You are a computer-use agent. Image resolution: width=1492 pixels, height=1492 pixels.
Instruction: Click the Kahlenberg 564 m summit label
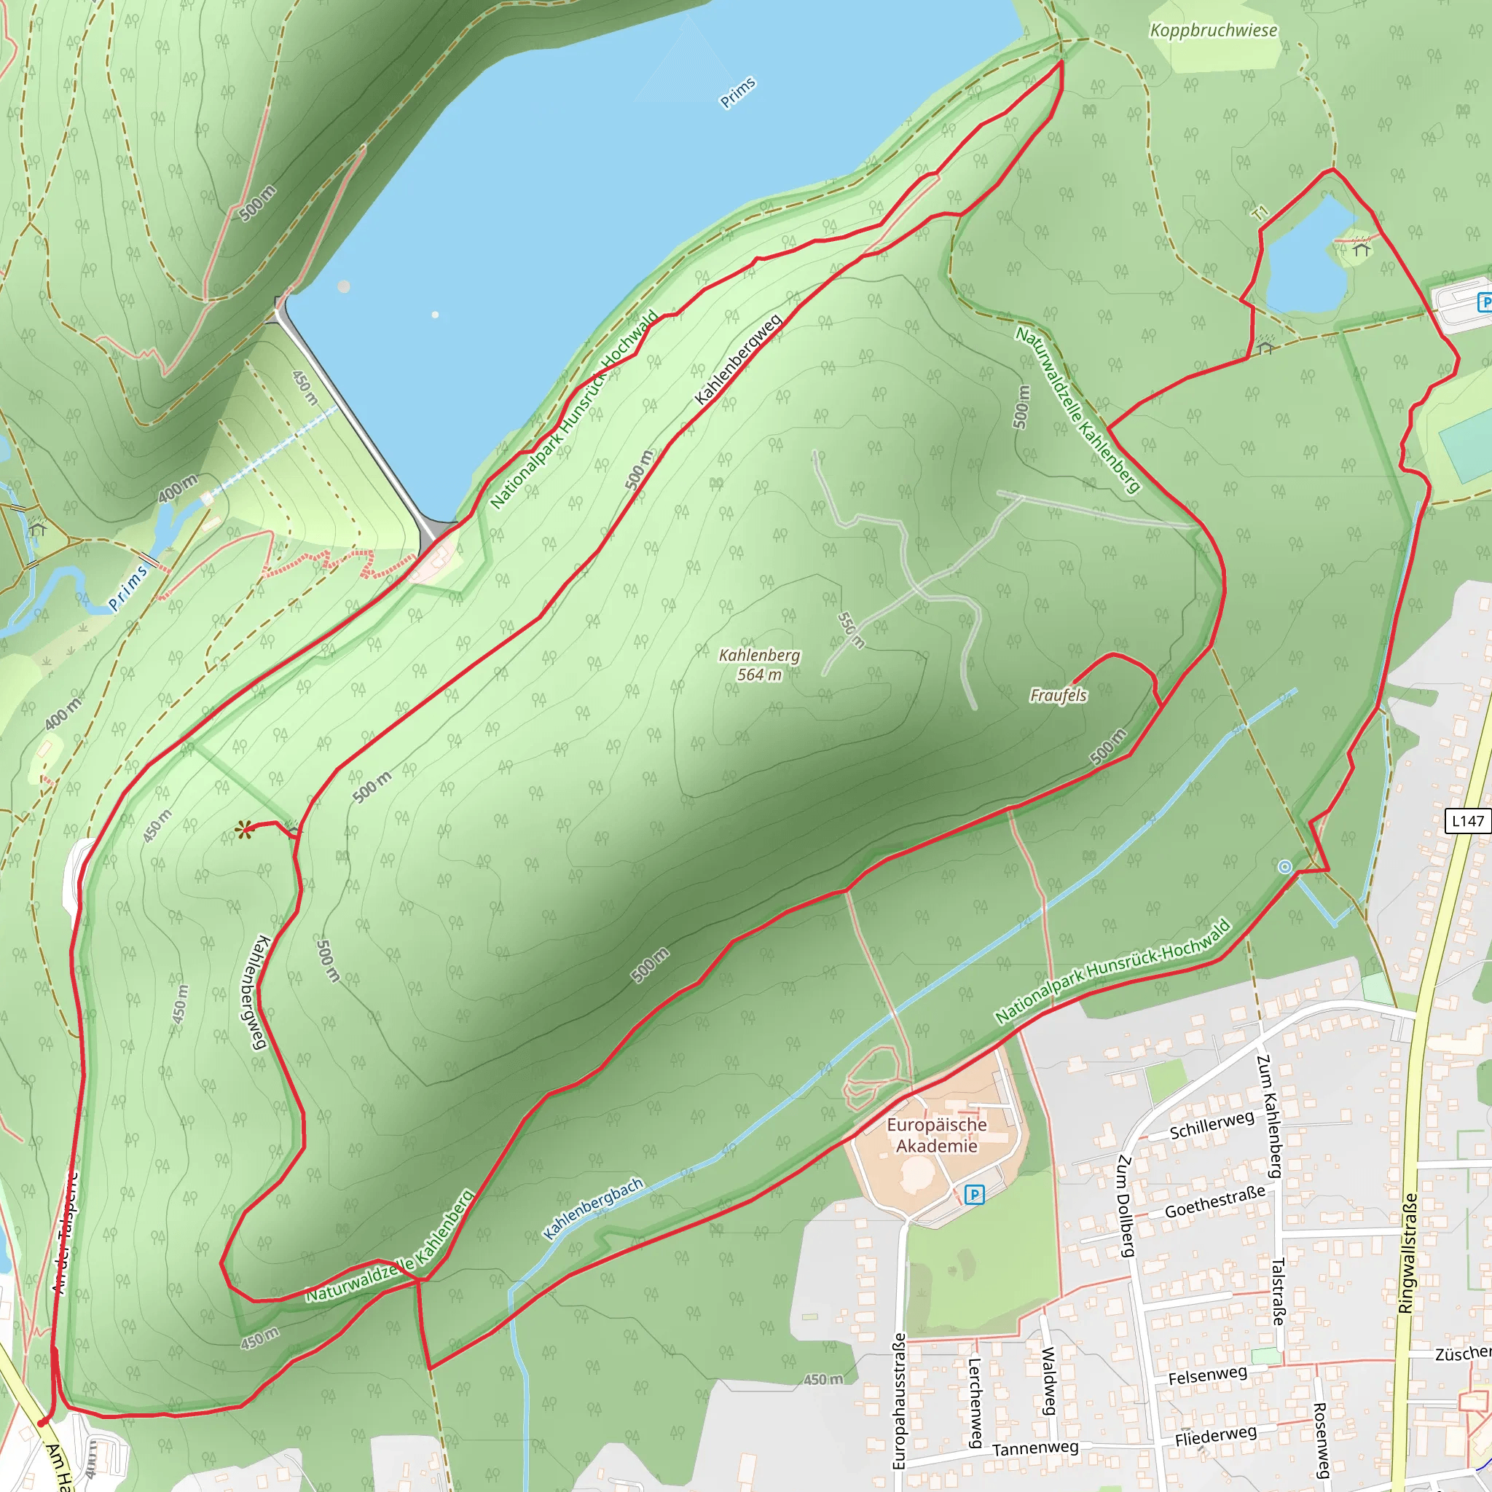coord(759,665)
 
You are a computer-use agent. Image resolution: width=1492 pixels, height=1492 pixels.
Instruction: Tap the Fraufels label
coord(1058,696)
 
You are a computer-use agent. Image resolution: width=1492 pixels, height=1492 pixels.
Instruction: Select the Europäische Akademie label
coord(936,1135)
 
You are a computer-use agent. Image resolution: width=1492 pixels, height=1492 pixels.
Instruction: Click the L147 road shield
coord(1467,821)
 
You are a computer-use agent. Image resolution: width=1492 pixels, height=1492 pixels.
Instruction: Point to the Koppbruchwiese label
coord(1213,31)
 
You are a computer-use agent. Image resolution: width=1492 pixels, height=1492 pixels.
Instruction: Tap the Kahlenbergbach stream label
coord(593,1209)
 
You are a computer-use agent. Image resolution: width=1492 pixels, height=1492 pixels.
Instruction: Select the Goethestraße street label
coord(1214,1201)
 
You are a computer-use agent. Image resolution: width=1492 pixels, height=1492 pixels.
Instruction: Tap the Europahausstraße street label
coord(899,1401)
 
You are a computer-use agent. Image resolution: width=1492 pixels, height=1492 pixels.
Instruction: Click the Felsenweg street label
coord(1207,1376)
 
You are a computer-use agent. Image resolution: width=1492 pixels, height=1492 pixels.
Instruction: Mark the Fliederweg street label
coord(1216,1436)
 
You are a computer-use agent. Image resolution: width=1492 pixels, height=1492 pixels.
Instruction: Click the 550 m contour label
coord(850,630)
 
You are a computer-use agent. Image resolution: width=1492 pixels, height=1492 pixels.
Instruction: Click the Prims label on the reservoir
coord(737,93)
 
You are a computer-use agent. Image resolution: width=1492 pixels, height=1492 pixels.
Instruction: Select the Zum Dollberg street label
coord(1126,1206)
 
